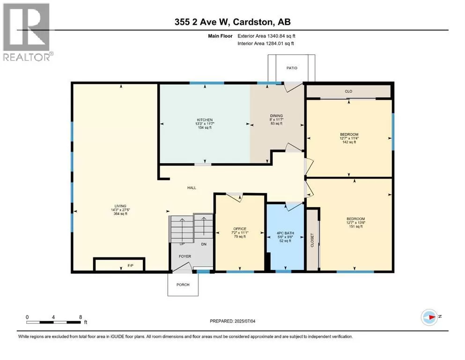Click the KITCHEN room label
[205, 120]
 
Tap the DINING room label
[276, 116]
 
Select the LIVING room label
[120, 206]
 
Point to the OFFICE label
[240, 229]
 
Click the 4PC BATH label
[285, 233]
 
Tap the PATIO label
[292, 68]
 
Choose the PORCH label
[183, 285]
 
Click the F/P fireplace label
[131, 266]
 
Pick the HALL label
[192, 187]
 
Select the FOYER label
[185, 256]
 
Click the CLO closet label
[348, 91]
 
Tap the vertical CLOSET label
[312, 240]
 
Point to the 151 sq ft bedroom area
[355, 226]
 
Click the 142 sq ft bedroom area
[349, 142]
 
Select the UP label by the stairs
[182, 244]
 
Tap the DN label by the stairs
[204, 244]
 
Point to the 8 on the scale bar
[81, 317]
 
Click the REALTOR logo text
[26, 57]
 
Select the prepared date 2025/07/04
[245, 321]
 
